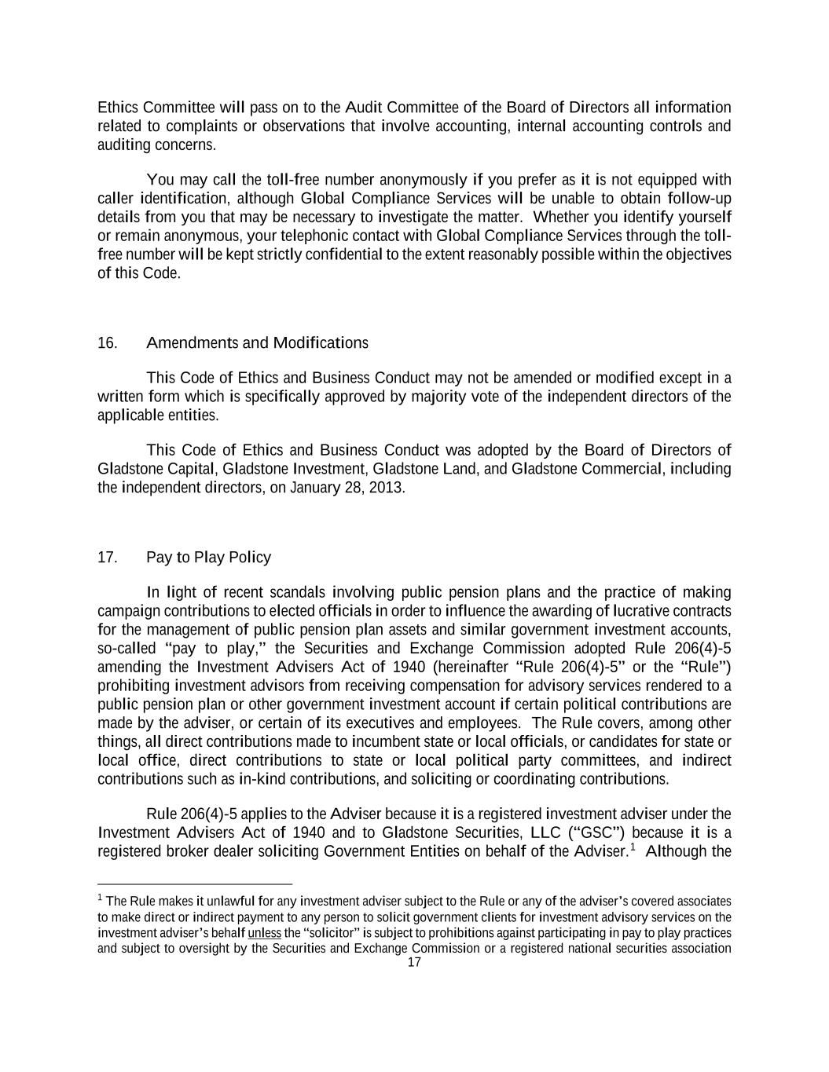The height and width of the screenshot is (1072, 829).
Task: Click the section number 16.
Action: point(107,343)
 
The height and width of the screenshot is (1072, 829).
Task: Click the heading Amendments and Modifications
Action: point(257,343)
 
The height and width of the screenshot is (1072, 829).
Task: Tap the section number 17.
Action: point(107,558)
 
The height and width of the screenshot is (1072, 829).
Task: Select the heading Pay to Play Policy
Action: point(208,558)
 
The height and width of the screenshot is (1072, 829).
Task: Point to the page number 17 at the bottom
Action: point(414,963)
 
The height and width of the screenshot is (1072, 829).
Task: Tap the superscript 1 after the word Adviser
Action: point(633,847)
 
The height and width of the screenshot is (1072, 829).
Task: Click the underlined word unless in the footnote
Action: point(264,933)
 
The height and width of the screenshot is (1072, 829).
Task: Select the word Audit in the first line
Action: point(364,108)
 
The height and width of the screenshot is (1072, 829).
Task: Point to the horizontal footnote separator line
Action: point(195,883)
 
